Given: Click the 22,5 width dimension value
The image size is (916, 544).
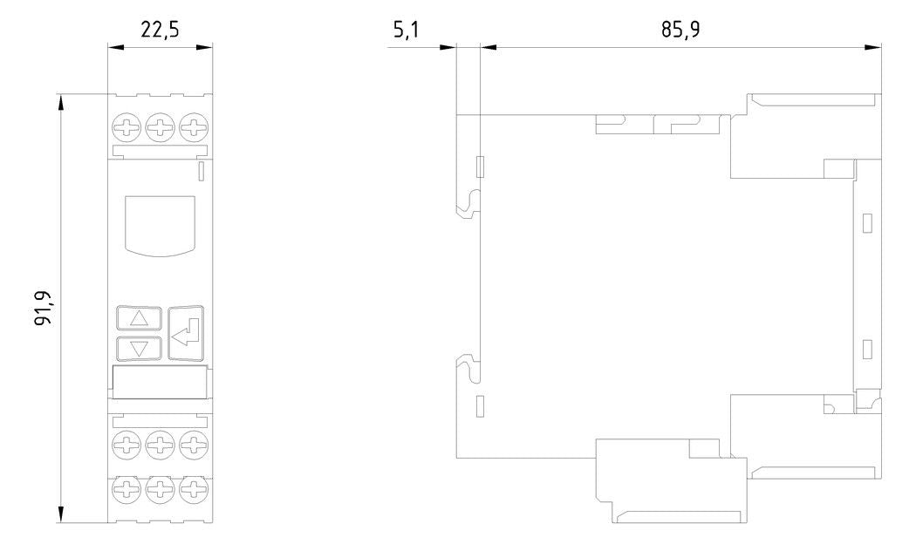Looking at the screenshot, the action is click(160, 29).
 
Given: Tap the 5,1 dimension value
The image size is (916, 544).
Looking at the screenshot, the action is click(406, 29).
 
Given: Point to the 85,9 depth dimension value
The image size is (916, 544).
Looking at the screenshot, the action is click(680, 29).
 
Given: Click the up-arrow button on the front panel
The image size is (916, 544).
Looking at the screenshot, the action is click(139, 318).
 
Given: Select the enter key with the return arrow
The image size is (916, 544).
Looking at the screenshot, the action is click(187, 333).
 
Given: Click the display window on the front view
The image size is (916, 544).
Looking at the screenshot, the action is click(160, 226).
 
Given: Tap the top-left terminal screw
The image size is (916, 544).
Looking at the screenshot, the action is click(126, 126).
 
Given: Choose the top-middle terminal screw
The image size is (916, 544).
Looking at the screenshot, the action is click(160, 126).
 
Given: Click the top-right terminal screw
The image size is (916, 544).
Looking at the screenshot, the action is click(194, 126).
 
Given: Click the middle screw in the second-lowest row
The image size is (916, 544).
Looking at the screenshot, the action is click(160, 446).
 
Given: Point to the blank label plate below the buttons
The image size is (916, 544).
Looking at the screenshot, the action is click(160, 382).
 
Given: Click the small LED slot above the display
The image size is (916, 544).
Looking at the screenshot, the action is click(202, 171).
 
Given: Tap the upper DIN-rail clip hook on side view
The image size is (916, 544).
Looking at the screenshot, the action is click(468, 204).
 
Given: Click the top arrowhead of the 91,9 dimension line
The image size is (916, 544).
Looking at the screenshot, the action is click(61, 101).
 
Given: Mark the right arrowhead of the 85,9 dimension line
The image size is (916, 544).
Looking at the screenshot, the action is click(873, 47).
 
